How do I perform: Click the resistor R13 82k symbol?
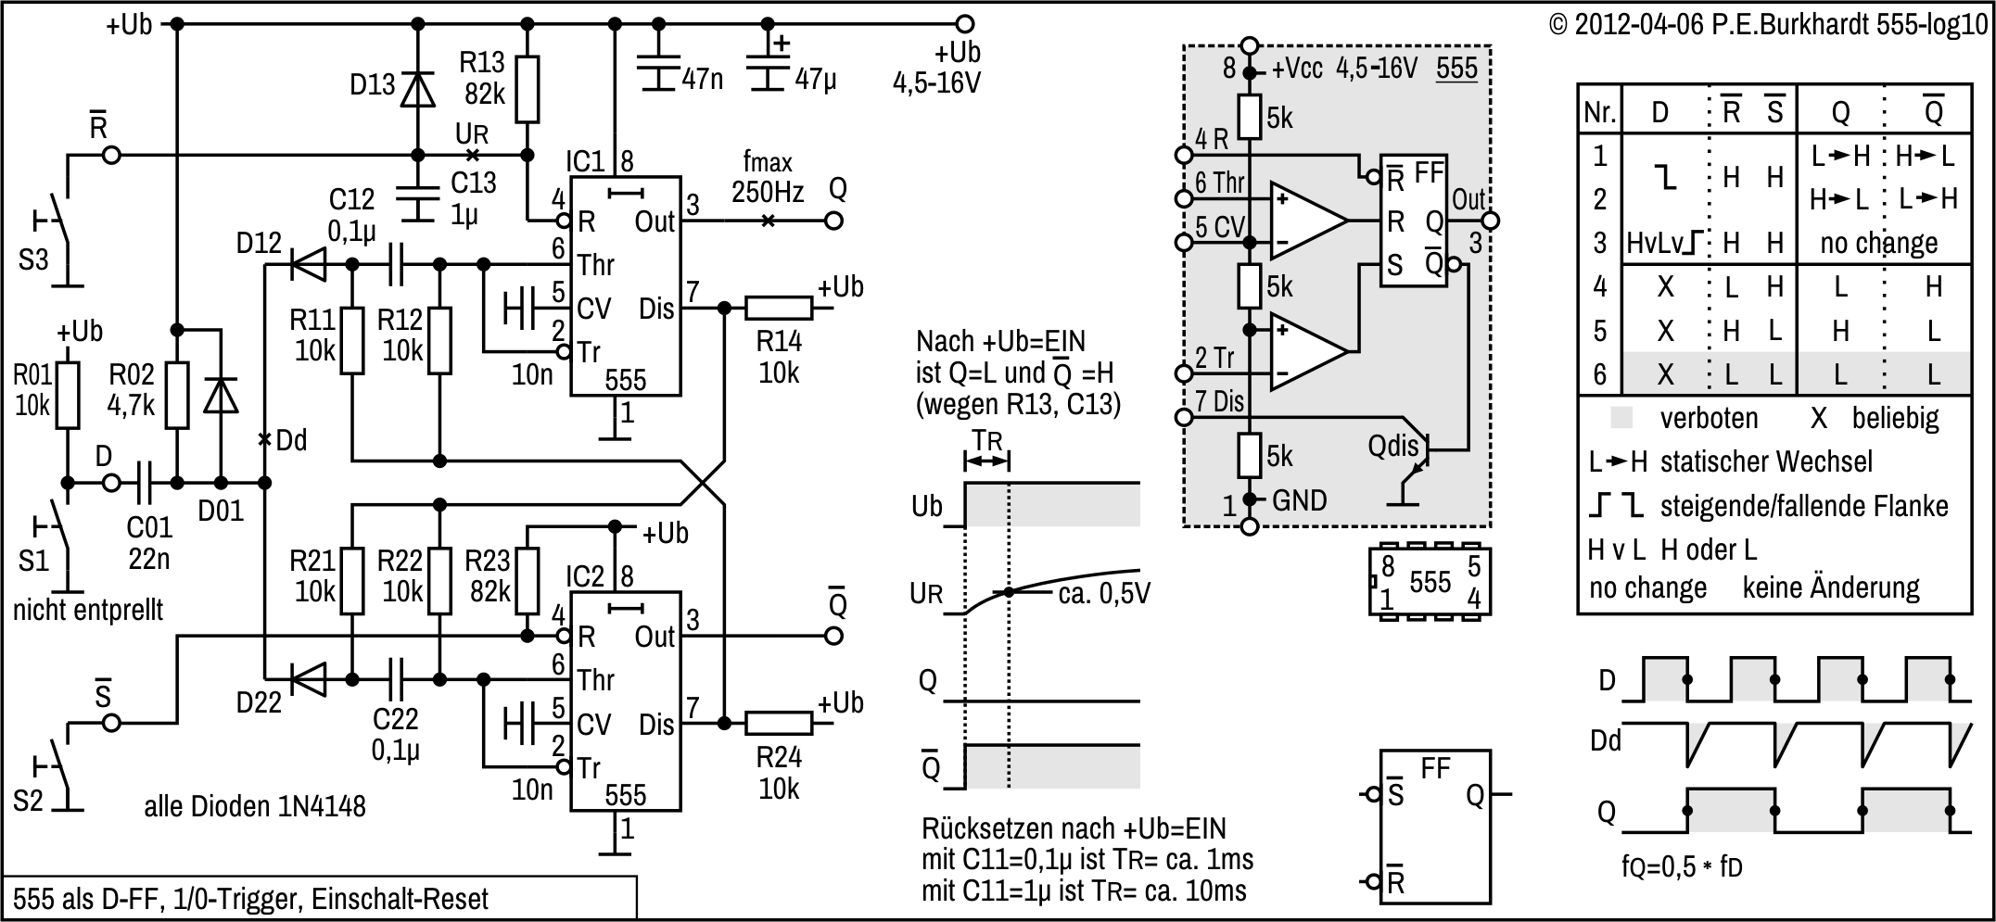527,90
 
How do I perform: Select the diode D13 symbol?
417,89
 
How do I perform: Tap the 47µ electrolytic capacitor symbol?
768,66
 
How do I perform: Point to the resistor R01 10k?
68,396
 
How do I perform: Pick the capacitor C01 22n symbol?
148,483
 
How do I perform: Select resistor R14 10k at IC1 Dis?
778,309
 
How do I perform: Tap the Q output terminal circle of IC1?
834,221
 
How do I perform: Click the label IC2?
585,577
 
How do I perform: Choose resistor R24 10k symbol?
778,724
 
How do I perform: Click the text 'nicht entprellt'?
88,610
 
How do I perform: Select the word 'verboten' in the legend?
1709,419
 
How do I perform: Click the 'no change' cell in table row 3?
1878,244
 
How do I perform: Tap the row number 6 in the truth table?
1599,374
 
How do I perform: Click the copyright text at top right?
1769,25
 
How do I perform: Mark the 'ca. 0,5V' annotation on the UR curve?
1103,593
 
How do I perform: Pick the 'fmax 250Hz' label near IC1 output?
768,177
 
